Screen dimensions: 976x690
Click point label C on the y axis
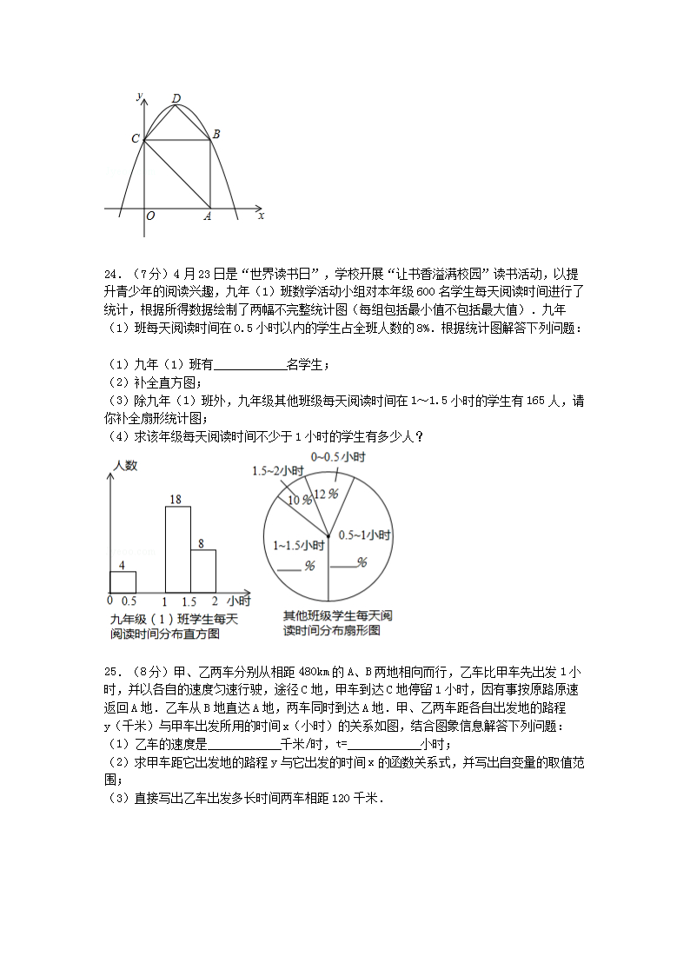[x=135, y=139]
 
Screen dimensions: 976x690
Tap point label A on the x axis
[x=208, y=216]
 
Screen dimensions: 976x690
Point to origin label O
[x=151, y=216]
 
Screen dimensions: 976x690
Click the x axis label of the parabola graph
[x=261, y=215]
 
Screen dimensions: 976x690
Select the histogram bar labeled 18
[x=177, y=549]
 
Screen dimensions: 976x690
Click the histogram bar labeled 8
[x=202, y=571]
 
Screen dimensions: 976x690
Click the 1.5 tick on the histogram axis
[x=189, y=601]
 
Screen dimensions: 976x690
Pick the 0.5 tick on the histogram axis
[x=129, y=601]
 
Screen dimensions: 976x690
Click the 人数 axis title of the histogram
[x=125, y=466]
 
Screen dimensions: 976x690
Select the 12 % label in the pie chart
[x=325, y=493]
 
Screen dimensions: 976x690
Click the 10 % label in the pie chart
[x=300, y=500]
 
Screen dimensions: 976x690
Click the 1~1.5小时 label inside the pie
[x=298, y=546]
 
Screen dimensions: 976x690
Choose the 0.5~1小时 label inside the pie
[x=364, y=534]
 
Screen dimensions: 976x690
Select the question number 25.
[x=111, y=671]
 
